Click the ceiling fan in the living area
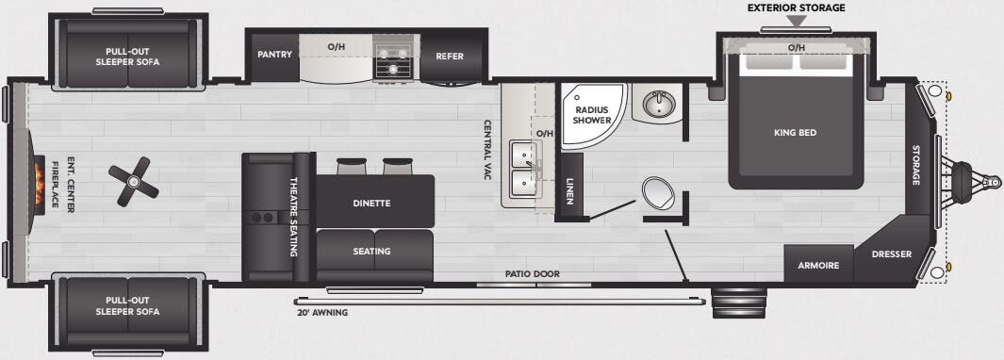(131, 179)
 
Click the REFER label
(450, 56)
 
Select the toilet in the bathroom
(658, 194)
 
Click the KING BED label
(795, 133)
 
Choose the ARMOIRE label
(818, 265)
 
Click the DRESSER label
(890, 254)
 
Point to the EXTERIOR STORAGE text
(797, 8)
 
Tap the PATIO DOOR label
(533, 274)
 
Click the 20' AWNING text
(322, 313)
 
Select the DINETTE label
(371, 202)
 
